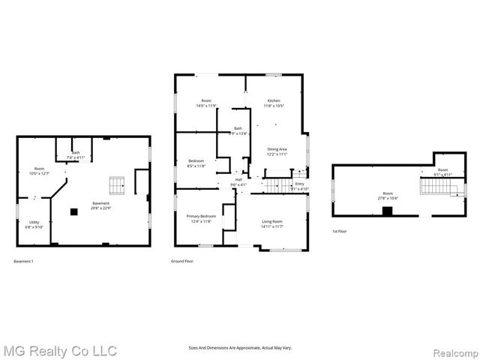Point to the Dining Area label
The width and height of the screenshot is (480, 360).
277,151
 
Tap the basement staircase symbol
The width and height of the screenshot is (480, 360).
115,184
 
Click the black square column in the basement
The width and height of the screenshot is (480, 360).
73,211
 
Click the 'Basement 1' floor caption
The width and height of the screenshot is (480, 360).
24,261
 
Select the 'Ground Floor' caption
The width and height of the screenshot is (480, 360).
183,261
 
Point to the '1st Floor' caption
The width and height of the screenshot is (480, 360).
340,231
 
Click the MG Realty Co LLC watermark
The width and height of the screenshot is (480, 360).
60,350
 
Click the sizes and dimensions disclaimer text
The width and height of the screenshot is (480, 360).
240,347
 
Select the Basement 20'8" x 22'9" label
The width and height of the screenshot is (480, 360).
100,205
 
